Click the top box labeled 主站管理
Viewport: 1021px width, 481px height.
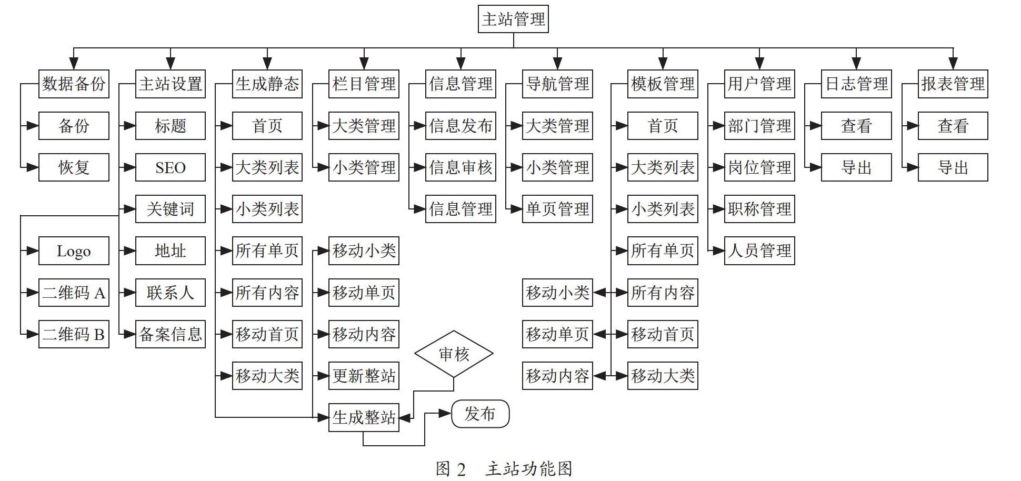[x=513, y=19]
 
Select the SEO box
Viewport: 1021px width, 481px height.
[x=171, y=167]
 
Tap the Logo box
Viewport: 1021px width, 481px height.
[x=74, y=251]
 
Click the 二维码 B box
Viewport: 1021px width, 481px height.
[x=74, y=334]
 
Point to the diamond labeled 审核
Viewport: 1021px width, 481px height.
[x=454, y=354]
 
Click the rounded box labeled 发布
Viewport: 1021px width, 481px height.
[x=481, y=414]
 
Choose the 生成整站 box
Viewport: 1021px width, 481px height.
[x=364, y=418]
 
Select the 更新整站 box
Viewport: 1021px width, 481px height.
[x=364, y=376]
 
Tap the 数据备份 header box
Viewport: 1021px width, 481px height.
[x=74, y=84]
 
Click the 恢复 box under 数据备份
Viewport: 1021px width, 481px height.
[x=74, y=167]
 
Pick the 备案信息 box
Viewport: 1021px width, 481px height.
[x=171, y=334]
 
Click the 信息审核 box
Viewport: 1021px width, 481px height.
[x=461, y=167]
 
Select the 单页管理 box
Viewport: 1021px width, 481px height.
[x=557, y=209]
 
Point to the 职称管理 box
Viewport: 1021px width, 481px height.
[x=759, y=209]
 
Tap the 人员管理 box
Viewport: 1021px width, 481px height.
[x=759, y=251]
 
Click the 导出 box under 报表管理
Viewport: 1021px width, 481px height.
[x=953, y=167]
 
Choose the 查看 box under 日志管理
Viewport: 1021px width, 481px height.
[x=856, y=126]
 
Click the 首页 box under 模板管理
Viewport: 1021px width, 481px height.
[x=663, y=126]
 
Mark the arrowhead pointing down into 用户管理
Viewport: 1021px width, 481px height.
[x=759, y=64]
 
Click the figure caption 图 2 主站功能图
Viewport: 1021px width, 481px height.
[x=504, y=468]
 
